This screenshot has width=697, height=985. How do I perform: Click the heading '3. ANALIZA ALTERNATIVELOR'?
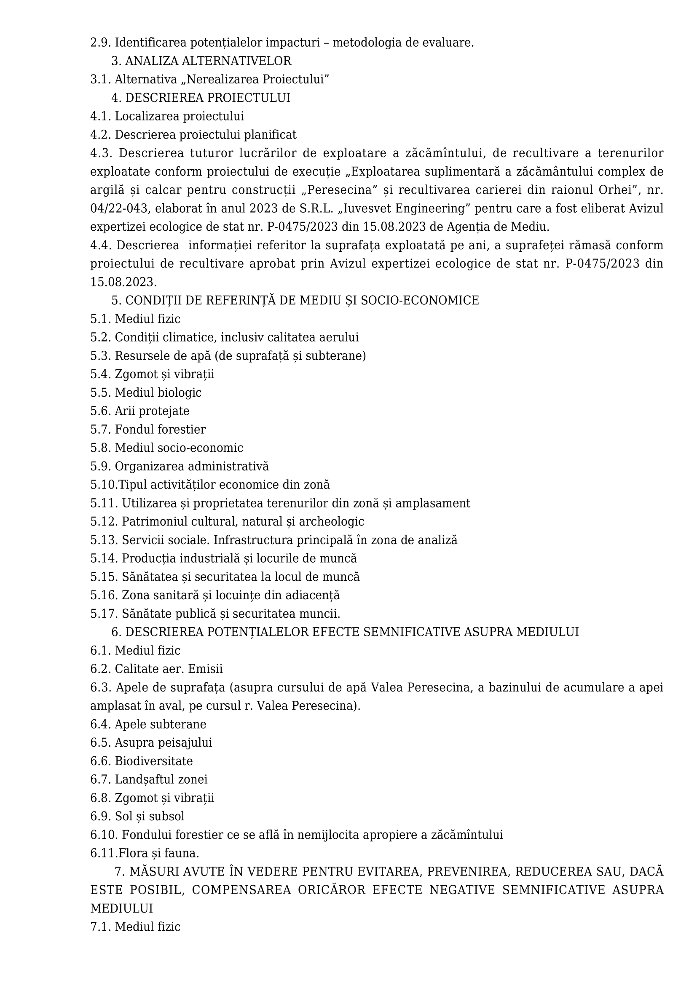point(201,61)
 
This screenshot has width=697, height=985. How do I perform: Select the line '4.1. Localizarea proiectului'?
point(167,116)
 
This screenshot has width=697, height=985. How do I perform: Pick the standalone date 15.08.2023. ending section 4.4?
point(123,282)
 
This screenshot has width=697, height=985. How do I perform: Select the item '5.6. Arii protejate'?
point(140,411)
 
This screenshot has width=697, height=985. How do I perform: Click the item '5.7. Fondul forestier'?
point(148,430)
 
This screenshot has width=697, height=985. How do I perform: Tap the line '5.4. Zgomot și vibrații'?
point(153,374)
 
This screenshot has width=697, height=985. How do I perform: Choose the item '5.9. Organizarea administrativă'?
point(180,466)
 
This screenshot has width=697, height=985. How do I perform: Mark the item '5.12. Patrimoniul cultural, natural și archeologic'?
point(227,522)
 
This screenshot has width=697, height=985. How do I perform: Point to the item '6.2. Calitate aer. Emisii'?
point(157,669)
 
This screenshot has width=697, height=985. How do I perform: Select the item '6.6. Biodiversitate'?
point(142,761)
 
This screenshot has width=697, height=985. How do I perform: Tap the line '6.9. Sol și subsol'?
point(137,817)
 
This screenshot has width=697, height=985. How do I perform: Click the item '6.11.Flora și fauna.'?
point(145,853)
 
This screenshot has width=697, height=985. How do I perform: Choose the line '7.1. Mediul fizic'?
point(135,927)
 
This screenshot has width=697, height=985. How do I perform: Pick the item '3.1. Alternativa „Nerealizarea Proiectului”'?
point(209,79)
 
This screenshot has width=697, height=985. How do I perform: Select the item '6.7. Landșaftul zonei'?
point(149,779)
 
